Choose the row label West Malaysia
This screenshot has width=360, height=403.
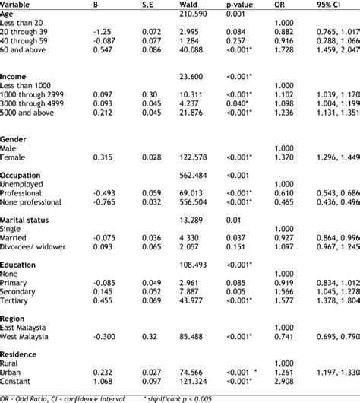[x=30, y=315]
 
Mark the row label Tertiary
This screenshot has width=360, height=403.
[x=17, y=300]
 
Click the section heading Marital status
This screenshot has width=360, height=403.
[x=30, y=219]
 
